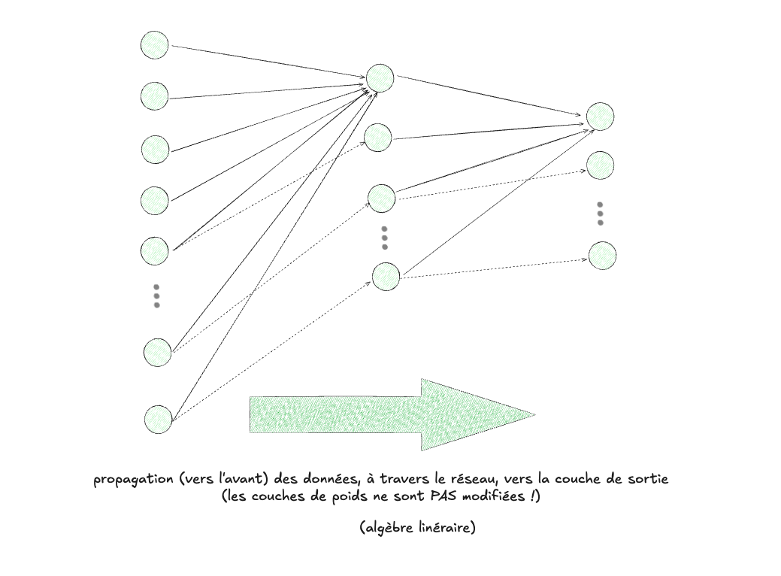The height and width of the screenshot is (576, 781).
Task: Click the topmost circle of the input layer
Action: [x=154, y=45]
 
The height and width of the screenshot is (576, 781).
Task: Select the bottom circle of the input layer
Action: [x=159, y=419]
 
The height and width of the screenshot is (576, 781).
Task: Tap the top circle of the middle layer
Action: [x=380, y=77]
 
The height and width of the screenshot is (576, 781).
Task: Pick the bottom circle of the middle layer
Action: [x=386, y=276]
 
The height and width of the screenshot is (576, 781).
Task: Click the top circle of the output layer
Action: [x=600, y=117]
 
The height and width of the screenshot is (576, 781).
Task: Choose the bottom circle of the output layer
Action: [x=602, y=256]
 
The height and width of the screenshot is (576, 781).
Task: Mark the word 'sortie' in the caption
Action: [x=648, y=479]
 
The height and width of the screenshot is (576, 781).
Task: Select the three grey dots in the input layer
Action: [x=156, y=296]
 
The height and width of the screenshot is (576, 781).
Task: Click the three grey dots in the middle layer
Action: [x=384, y=238]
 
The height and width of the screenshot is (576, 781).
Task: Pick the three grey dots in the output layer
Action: [x=600, y=213]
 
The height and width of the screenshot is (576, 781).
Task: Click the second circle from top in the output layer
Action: [x=600, y=165]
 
